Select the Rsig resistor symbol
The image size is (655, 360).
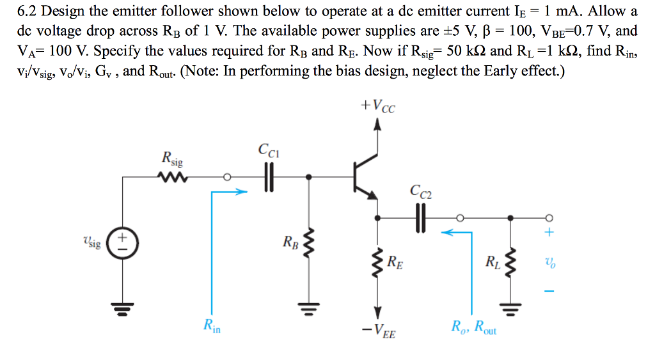174,176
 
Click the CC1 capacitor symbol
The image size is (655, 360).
269,177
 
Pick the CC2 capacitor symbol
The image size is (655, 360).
420,217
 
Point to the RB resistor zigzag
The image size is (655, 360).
310,244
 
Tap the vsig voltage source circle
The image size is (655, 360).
120,244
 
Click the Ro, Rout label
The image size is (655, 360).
473,327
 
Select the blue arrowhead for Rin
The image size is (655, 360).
241,191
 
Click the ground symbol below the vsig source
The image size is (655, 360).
120,311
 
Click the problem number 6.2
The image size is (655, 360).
29,12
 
